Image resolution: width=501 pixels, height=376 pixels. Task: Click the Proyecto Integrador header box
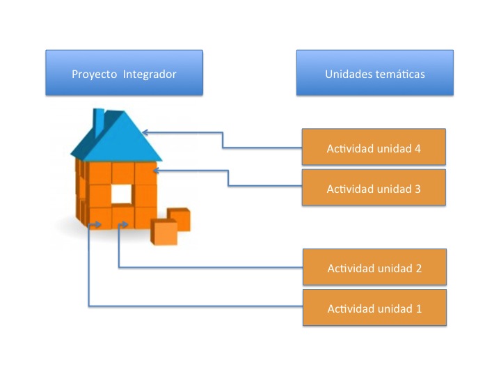[124, 72]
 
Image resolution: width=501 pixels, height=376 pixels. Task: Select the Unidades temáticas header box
[375, 72]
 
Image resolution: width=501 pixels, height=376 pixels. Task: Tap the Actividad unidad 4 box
[374, 147]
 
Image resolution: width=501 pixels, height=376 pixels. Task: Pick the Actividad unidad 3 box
[374, 187]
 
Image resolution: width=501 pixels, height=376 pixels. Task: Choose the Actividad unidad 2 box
[374, 267]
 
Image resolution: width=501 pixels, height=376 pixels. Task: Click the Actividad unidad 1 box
[374, 308]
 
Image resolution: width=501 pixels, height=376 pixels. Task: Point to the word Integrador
[150, 75]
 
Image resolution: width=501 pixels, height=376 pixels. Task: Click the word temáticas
[400, 75]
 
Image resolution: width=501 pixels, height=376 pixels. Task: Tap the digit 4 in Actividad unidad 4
[417, 149]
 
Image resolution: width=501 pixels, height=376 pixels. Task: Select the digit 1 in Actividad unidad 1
[419, 309]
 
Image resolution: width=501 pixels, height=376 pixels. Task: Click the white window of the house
[121, 194]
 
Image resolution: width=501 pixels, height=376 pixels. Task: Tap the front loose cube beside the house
[164, 232]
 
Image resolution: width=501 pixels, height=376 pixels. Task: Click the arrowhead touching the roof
[145, 132]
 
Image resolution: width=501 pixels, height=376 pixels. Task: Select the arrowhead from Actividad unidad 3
[157, 171]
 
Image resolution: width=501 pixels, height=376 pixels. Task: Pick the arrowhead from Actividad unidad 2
[125, 224]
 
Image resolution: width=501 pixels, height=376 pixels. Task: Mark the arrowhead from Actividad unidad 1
[97, 225]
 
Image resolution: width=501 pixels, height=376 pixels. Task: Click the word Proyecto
[94, 75]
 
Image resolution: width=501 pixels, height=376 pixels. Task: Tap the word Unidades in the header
[349, 75]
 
